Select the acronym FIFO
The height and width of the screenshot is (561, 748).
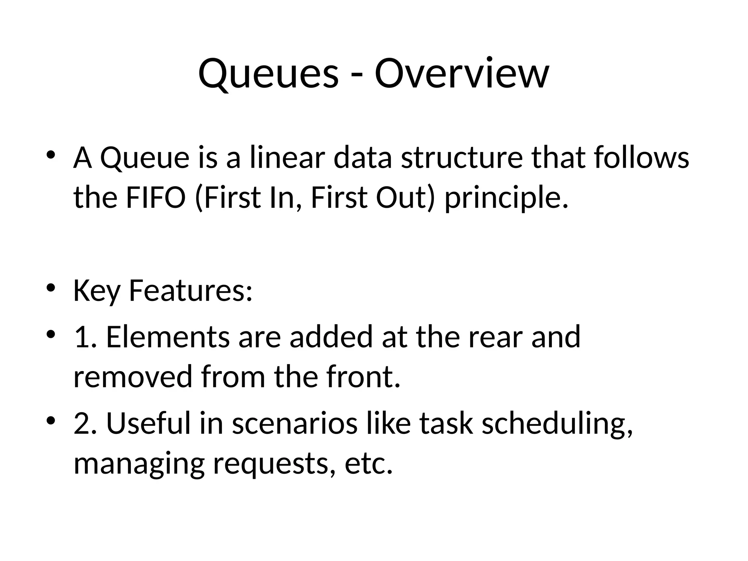tap(156, 198)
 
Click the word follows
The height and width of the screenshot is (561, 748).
tap(641, 158)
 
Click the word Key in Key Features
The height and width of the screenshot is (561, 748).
tap(96, 291)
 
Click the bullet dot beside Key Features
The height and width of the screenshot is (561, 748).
tap(51, 288)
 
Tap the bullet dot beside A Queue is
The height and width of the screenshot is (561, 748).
tap(51, 155)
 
